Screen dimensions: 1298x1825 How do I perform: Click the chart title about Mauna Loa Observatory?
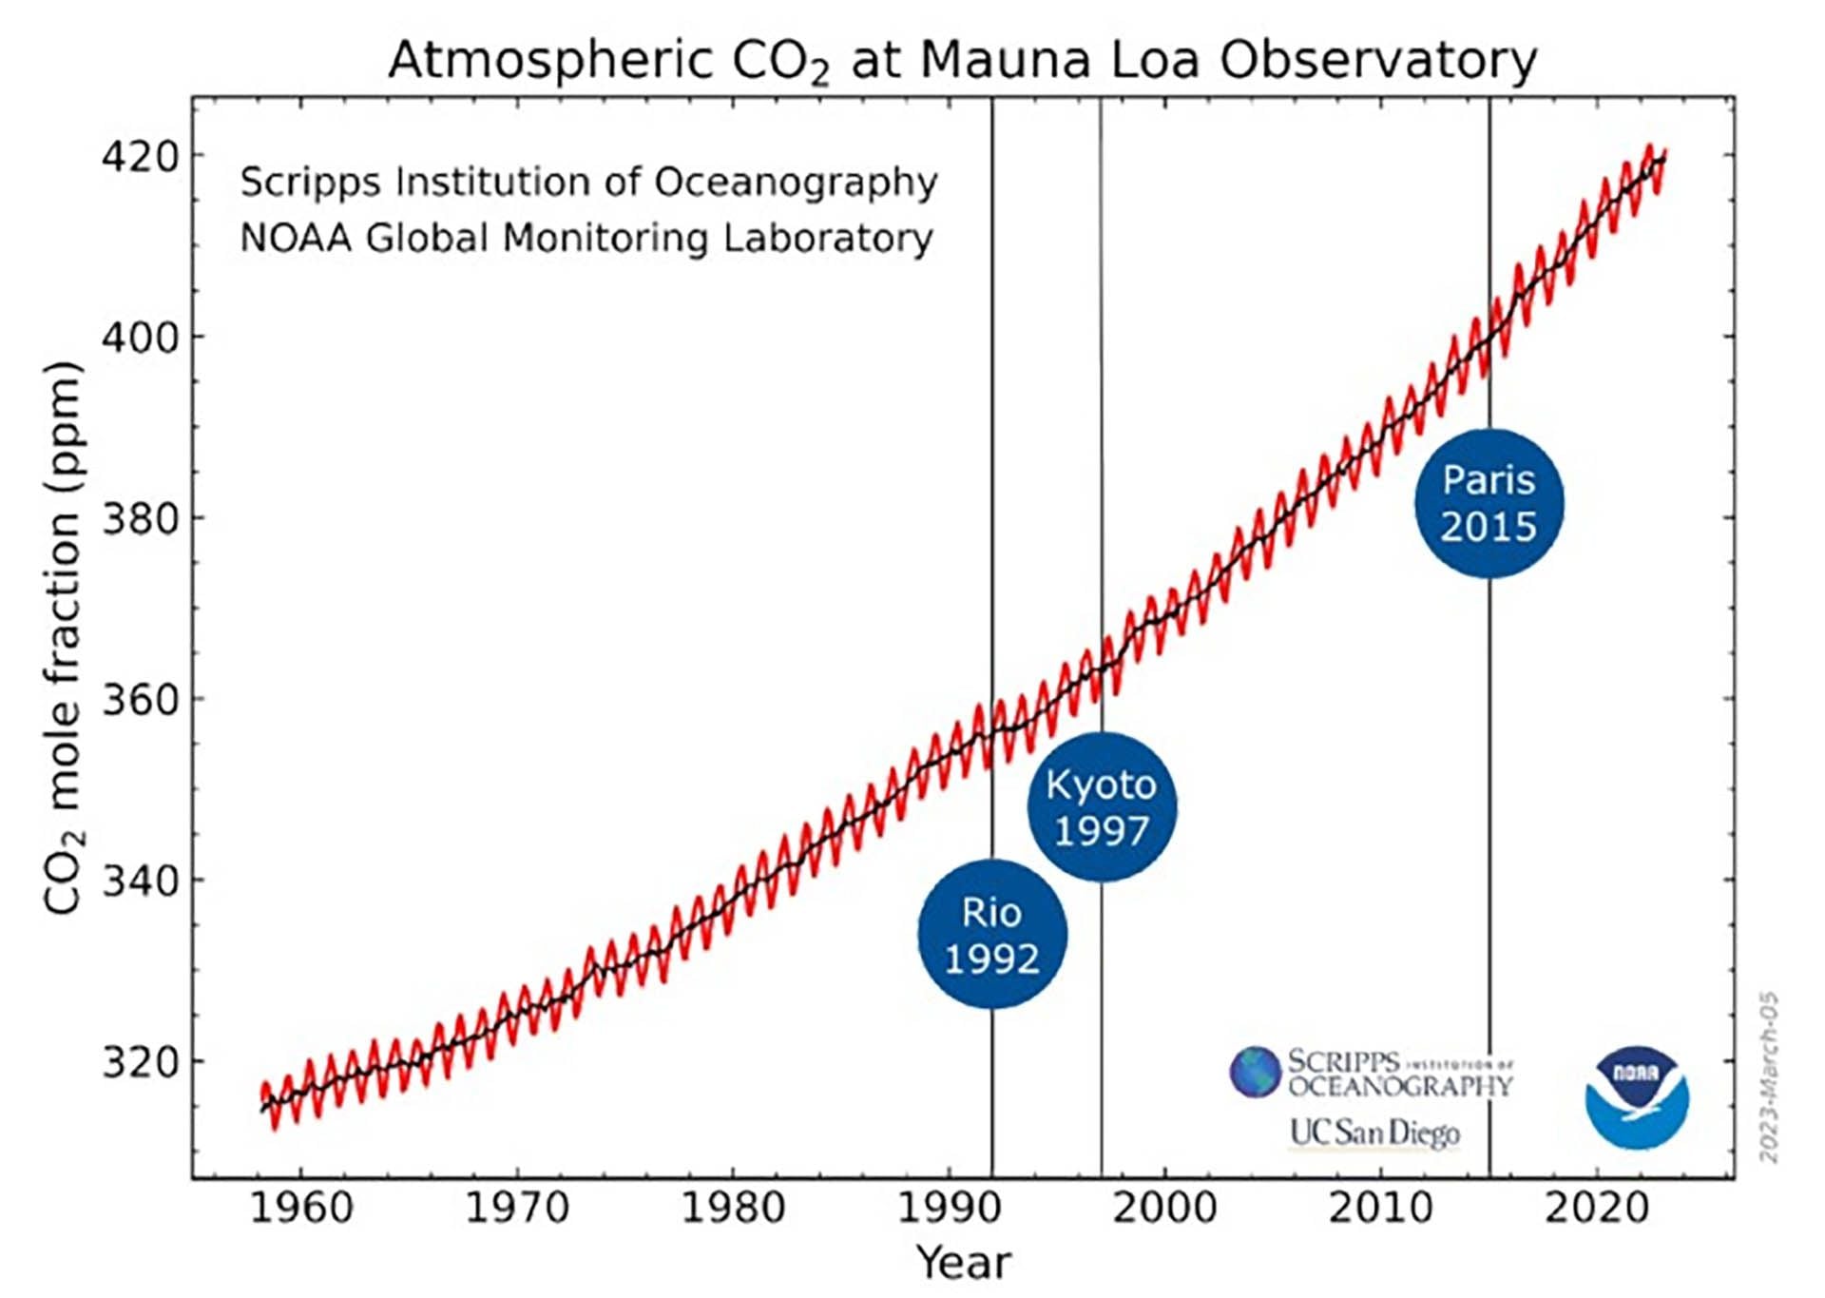point(962,61)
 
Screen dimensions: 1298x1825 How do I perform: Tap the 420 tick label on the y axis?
point(141,156)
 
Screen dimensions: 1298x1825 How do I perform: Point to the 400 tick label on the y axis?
point(141,338)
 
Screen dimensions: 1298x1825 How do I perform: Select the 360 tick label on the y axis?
point(141,700)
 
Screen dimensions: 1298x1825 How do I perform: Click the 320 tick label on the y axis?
point(141,1062)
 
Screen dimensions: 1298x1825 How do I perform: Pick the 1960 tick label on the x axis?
point(300,1209)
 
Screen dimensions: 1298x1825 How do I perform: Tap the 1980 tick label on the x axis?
point(733,1209)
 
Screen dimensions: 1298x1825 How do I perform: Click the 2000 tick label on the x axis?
point(1164,1209)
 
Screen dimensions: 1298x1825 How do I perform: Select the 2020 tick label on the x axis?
point(1597,1209)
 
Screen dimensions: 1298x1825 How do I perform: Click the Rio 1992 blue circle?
point(992,935)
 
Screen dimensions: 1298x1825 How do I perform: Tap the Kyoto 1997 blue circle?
point(1102,807)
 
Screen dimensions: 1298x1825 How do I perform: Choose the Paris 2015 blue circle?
point(1489,503)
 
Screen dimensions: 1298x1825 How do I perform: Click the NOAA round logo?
point(1636,1097)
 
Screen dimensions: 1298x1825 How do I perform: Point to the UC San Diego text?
point(1374,1133)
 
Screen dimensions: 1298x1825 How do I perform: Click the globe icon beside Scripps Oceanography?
point(1255,1072)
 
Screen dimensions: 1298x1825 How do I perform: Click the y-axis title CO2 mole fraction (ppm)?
point(65,637)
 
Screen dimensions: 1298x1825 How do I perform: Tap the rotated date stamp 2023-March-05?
point(1768,1077)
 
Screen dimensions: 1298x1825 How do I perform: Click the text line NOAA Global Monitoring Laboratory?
point(586,238)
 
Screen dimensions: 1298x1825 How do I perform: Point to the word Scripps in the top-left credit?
point(310,182)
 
